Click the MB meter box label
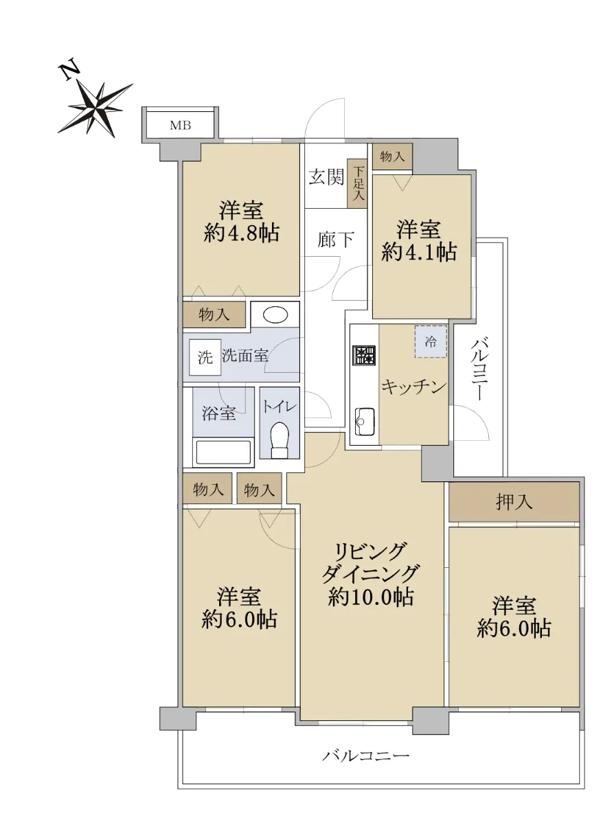coord(180,125)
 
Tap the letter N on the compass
coord(69,71)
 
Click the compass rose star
coord(95,109)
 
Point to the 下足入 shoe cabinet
coord(358,184)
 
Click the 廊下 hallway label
coord(336,240)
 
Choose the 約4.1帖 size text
coord(419,252)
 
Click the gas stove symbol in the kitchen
coord(364,356)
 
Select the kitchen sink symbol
coord(364,421)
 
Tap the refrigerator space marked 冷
coord(431,341)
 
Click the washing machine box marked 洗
coord(205,357)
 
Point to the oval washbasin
coord(275,315)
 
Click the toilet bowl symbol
coord(280,441)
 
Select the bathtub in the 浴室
coord(223,452)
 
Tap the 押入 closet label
coord(514,502)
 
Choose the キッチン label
coord(413,387)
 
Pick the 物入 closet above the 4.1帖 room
coord(392,157)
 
